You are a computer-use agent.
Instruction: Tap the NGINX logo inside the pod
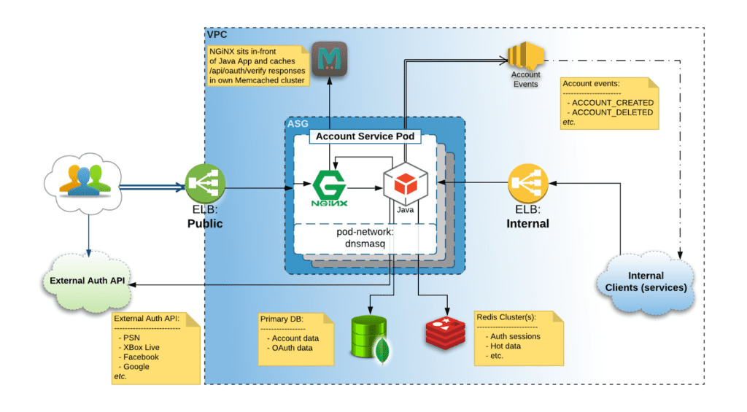click(330, 187)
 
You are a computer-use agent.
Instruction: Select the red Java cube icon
click(405, 184)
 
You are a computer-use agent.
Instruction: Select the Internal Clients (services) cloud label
click(646, 281)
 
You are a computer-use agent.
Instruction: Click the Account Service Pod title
click(364, 136)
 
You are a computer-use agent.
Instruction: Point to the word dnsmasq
click(364, 244)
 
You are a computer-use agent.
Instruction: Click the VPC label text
click(217, 34)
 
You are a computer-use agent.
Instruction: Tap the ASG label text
click(297, 124)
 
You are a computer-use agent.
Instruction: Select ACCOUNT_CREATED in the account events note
click(613, 103)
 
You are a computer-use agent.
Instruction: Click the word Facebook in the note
click(141, 357)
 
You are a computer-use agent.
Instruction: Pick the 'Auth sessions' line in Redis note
click(515, 336)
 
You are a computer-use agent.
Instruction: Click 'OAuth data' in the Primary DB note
click(292, 348)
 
